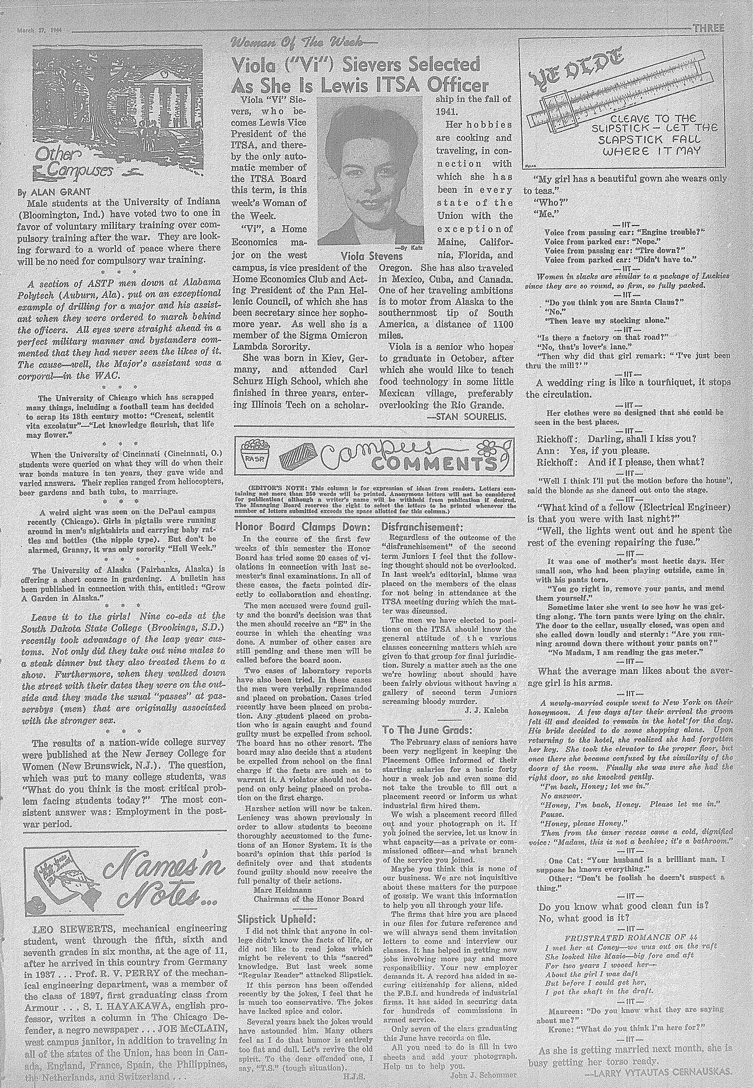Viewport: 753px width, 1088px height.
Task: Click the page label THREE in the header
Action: [x=708, y=28]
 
